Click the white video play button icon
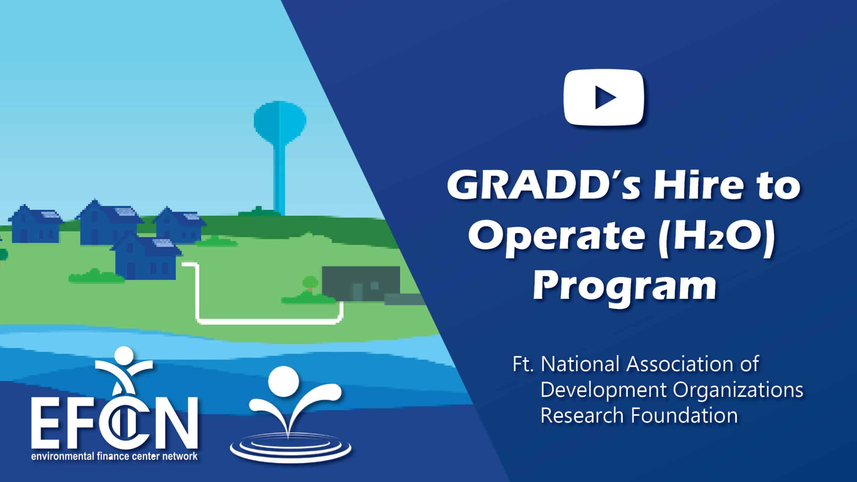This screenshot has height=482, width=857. [604, 97]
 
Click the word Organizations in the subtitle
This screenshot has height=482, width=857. [736, 390]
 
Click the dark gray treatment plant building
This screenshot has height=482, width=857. [361, 283]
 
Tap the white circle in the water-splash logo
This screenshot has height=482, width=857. [283, 379]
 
